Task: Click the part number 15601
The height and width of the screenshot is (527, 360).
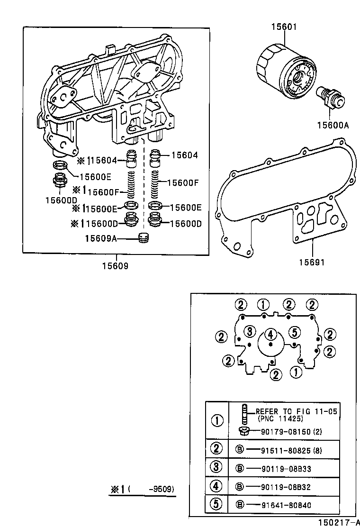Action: click(x=284, y=27)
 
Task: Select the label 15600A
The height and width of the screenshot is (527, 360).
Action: click(x=333, y=125)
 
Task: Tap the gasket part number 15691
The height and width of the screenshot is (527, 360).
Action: click(x=312, y=262)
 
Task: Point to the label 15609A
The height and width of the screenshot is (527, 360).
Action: click(x=100, y=238)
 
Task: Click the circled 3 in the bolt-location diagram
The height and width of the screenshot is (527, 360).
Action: click(x=251, y=331)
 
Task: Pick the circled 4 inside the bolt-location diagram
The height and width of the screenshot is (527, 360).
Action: click(x=270, y=335)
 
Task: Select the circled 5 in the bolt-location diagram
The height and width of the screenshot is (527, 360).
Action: click(x=294, y=331)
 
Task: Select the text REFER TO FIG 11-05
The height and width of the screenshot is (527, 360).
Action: click(x=297, y=411)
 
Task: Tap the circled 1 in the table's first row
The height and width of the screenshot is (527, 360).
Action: click(x=217, y=420)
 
